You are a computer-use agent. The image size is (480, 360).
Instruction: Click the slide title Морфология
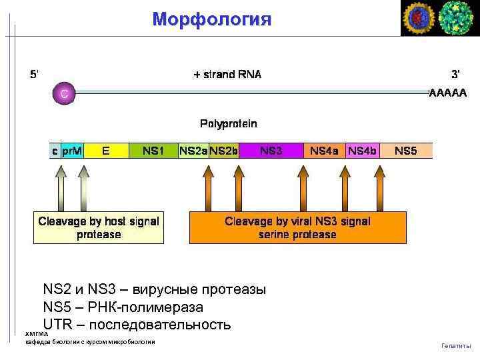tap(211, 19)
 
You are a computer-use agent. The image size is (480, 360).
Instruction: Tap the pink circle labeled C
tap(64, 93)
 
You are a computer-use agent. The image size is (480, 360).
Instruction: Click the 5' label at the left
tap(34, 74)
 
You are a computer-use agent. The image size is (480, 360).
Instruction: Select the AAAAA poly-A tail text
tap(448, 93)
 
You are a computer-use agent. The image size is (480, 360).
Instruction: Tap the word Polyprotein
tap(229, 123)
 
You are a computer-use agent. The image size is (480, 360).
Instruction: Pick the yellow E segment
tap(106, 151)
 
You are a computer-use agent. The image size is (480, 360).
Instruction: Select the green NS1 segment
tap(153, 151)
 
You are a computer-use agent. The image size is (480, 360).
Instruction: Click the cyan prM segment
tap(71, 151)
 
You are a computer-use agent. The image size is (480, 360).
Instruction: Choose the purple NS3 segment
tap(271, 151)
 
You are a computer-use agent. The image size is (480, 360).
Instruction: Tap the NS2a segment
tap(193, 151)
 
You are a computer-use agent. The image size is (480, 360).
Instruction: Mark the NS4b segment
tap(362, 151)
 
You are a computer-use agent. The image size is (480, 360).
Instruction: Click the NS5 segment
tap(405, 151)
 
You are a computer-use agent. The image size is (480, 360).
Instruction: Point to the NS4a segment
tap(324, 151)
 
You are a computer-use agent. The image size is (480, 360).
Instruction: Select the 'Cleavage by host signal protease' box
tap(99, 227)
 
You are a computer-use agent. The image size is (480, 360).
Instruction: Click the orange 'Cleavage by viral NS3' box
tap(297, 227)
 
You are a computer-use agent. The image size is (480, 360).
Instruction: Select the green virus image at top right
tap(457, 18)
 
